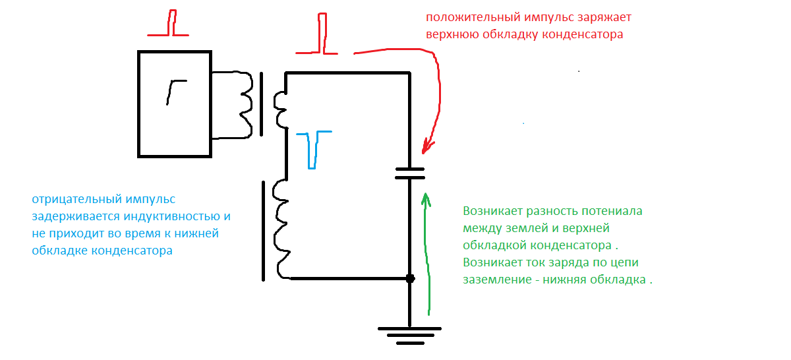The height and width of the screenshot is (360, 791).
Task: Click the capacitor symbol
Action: click(x=409, y=173)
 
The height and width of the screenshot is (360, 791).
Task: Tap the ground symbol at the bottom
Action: click(x=409, y=336)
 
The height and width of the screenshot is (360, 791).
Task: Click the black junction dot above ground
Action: click(x=410, y=279)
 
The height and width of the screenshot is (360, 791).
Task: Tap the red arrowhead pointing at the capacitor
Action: click(x=427, y=147)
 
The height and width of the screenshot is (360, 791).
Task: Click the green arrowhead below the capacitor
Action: click(x=426, y=199)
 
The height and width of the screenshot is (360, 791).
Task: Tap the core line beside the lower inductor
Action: click(x=263, y=231)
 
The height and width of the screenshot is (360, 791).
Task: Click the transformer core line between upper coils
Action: click(x=261, y=104)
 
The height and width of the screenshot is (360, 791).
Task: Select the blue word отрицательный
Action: click(x=76, y=200)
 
